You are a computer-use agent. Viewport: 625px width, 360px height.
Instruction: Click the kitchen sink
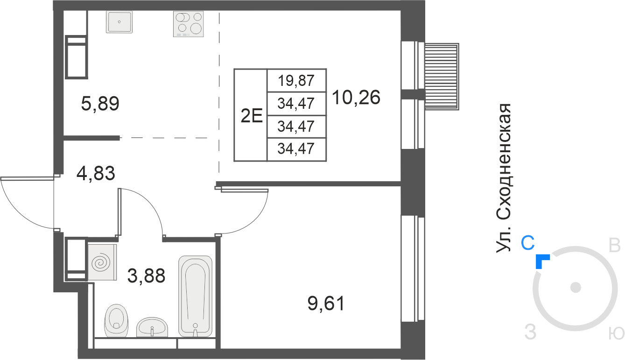(x=119, y=22)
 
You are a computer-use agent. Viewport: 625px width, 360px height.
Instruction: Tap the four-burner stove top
(x=188, y=24)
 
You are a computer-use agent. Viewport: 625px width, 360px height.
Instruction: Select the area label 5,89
(x=100, y=104)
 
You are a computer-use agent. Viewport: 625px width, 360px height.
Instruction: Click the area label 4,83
(x=96, y=173)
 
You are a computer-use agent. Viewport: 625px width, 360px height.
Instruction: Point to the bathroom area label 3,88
(x=147, y=276)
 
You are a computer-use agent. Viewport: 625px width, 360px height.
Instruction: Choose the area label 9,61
(x=326, y=304)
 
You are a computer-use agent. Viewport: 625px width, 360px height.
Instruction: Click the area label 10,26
(x=356, y=98)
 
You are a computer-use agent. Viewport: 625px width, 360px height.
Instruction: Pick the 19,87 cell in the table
(x=296, y=81)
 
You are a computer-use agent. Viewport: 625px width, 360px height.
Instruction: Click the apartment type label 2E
(x=252, y=116)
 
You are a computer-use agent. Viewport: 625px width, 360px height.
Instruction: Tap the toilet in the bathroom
(x=116, y=321)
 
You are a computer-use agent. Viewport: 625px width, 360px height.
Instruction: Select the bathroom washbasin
(x=152, y=327)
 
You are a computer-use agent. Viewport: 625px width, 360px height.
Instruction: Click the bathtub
(x=195, y=296)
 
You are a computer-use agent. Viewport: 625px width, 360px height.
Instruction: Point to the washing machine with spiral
(x=102, y=262)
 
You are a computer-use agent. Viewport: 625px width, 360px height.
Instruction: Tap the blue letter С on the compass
(x=527, y=243)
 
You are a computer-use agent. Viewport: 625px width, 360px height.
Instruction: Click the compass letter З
(x=530, y=332)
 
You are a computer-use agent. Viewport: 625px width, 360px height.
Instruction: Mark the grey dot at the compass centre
(x=576, y=287)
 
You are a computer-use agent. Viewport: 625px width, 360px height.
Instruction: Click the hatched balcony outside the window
(x=442, y=77)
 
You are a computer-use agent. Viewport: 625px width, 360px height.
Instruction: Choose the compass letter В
(x=614, y=246)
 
